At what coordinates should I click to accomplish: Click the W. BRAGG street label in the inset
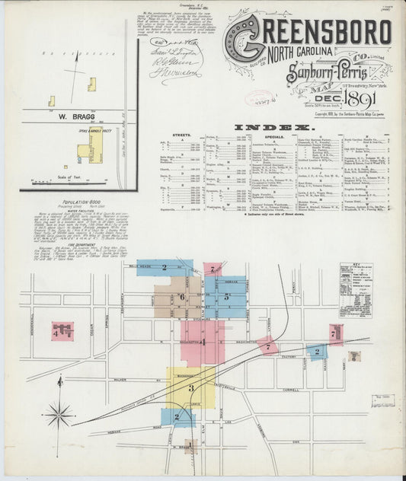66,118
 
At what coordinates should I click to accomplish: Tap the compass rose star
59,415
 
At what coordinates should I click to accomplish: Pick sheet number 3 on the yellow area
191,387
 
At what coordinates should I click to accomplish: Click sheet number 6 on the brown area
181,297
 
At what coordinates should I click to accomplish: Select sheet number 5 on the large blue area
226,297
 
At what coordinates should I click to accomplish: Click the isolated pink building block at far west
62,330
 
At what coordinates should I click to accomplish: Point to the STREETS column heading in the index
182,135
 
